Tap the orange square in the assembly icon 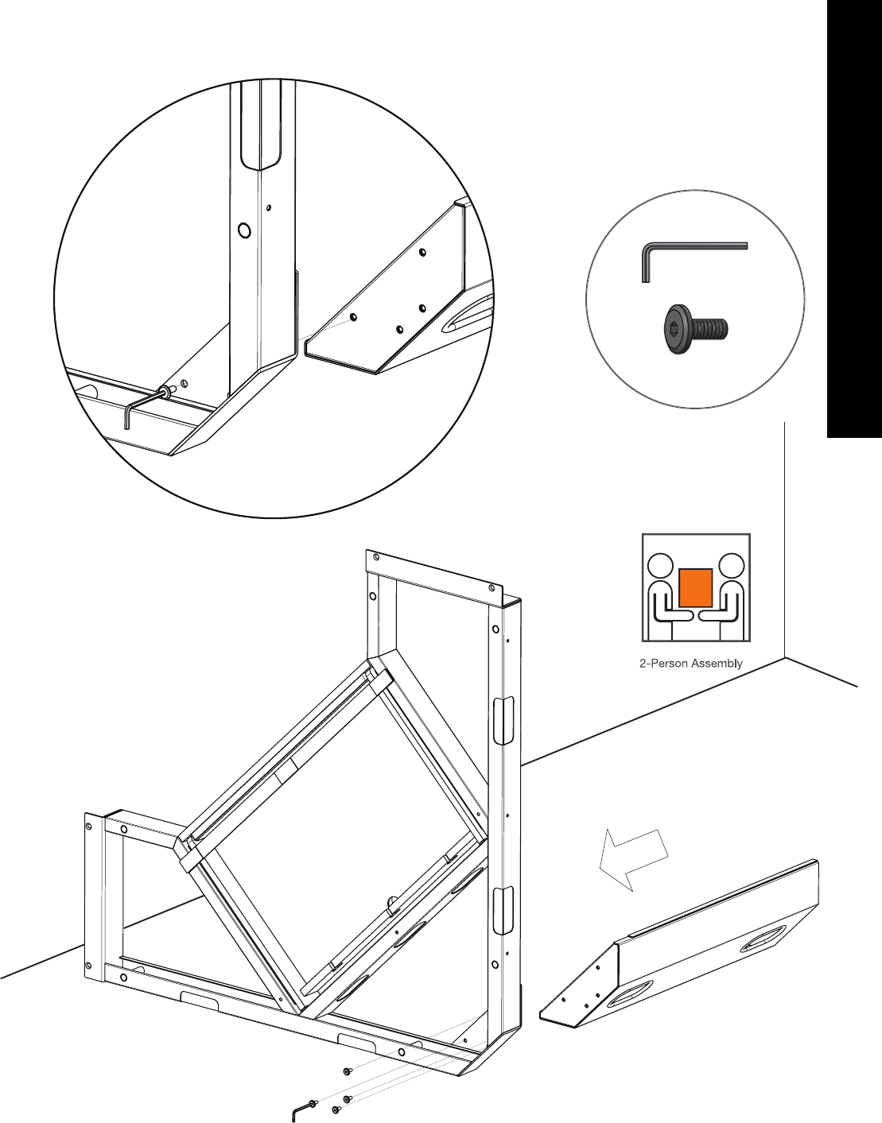point(695,587)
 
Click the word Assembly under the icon point(717,663)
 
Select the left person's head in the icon point(660,566)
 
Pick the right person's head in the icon point(731,566)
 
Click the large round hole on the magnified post point(244,230)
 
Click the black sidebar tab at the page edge point(854,219)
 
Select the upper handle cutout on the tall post point(503,720)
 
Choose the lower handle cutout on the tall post point(503,910)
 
